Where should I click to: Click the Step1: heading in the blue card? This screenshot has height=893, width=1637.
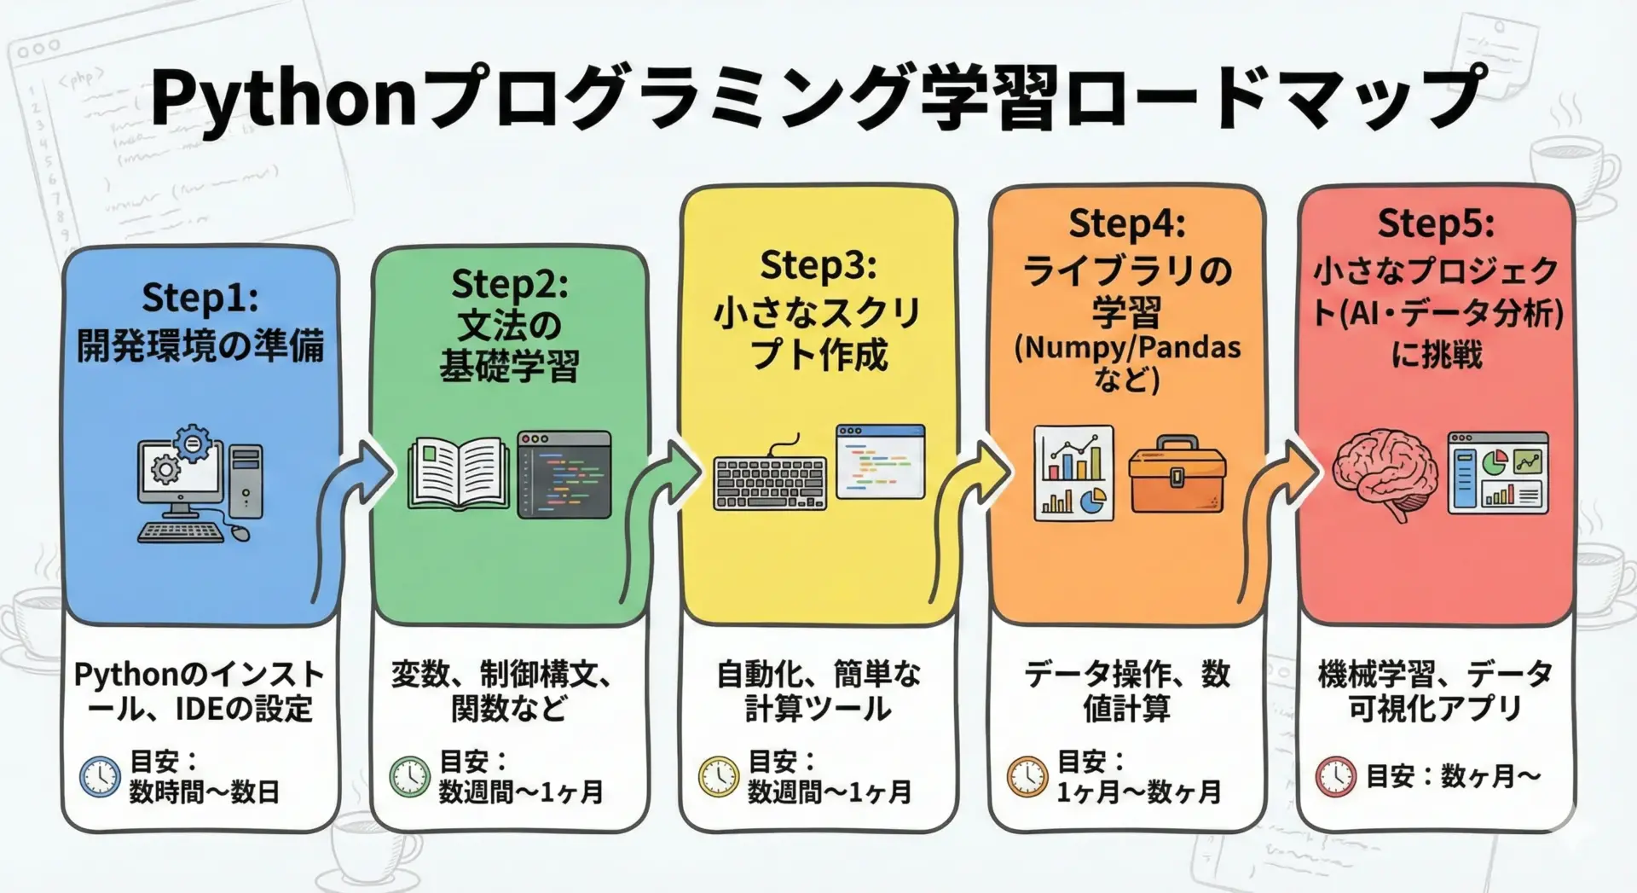[x=200, y=299]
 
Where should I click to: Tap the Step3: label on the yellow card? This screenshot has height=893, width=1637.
[x=818, y=265]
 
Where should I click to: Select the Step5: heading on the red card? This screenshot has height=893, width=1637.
[x=1436, y=223]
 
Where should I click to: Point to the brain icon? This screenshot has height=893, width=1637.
[x=1384, y=473]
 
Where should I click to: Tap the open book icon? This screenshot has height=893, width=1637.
[x=459, y=473]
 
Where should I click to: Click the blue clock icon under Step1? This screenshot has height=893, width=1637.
[x=100, y=776]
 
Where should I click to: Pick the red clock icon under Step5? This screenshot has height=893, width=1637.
[x=1334, y=776]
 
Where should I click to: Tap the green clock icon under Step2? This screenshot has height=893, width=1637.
[x=409, y=776]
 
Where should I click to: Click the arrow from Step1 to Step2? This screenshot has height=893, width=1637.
[x=350, y=512]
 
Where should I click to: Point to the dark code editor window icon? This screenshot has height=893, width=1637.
[x=564, y=474]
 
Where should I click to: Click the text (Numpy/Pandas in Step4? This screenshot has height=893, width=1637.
[x=1127, y=348]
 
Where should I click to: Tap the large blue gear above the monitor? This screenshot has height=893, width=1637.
[x=193, y=444]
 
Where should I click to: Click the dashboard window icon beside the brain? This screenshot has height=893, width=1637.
[x=1498, y=473]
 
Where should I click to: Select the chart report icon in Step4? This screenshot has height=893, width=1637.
[x=1073, y=473]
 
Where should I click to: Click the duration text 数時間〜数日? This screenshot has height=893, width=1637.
[x=205, y=792]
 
